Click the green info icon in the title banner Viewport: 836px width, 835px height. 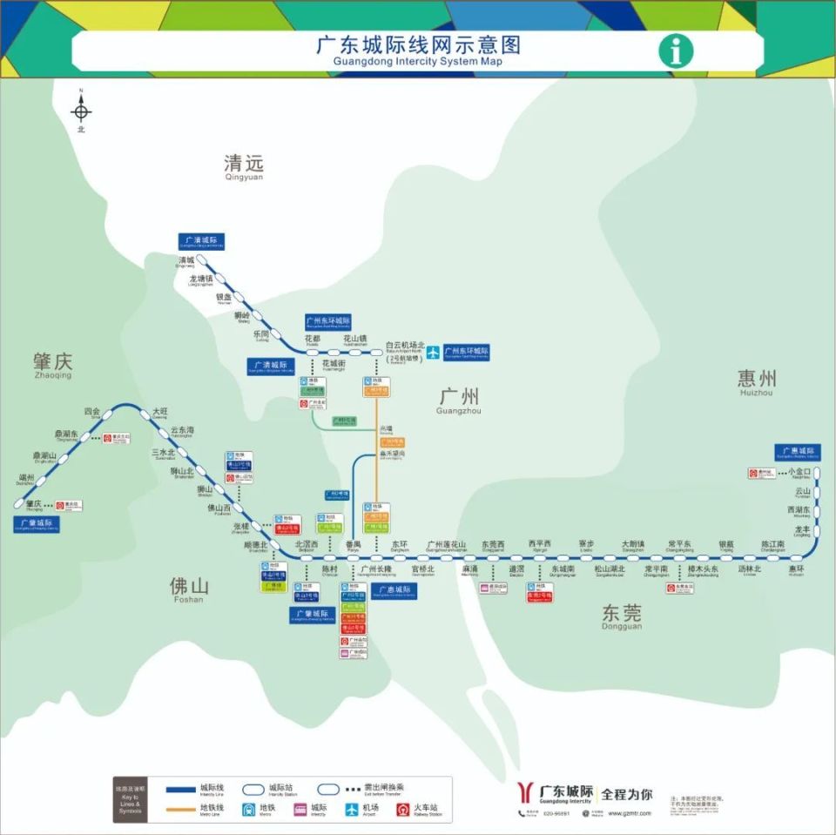tap(676, 51)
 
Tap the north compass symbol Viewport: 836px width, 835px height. tap(81, 111)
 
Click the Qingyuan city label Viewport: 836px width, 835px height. tap(243, 165)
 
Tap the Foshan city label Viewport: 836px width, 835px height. tap(188, 589)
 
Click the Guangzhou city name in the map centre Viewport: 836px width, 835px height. tap(458, 399)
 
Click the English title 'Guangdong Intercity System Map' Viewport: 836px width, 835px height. tap(417, 62)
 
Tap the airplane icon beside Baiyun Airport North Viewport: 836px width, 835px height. tap(433, 353)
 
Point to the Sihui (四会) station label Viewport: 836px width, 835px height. tap(91, 412)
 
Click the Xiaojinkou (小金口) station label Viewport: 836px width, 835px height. tap(799, 472)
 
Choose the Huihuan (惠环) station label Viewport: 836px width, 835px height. tap(796, 569)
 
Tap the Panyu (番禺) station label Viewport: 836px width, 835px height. tap(353, 544)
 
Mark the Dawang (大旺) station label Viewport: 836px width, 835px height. tap(159, 412)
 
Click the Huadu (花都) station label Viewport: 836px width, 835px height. tap(313, 339)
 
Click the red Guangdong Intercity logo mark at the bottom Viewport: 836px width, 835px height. tap(526, 792)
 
